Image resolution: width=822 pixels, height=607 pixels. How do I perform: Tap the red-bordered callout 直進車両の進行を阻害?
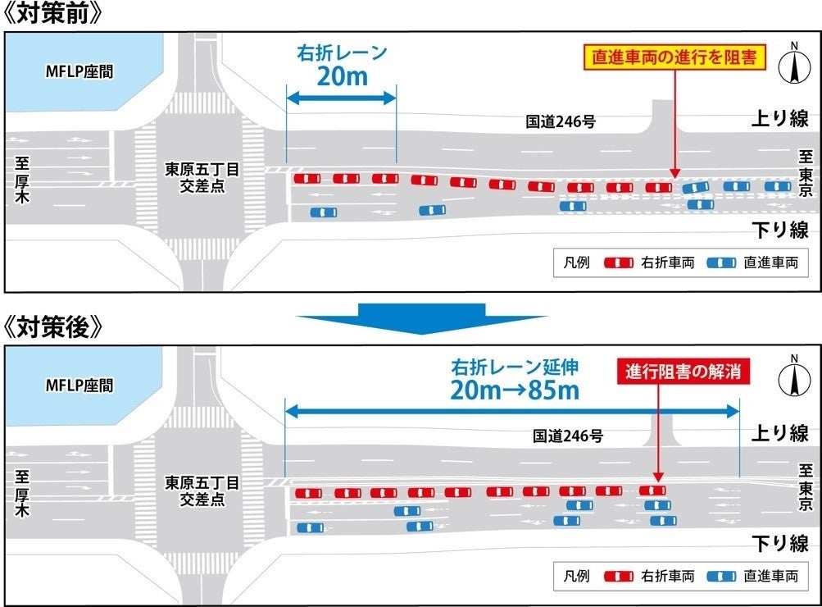click(674, 57)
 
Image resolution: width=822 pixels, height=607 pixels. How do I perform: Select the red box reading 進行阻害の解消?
click(683, 372)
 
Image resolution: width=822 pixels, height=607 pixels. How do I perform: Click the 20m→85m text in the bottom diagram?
click(514, 390)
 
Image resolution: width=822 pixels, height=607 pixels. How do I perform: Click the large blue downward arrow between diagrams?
click(421, 317)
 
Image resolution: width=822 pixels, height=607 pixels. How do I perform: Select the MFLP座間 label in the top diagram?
click(79, 71)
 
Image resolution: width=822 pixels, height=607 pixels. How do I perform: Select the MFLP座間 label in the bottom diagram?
click(79, 385)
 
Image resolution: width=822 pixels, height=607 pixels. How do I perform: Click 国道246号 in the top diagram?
click(561, 121)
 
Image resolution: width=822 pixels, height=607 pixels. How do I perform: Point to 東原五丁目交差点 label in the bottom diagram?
click(202, 491)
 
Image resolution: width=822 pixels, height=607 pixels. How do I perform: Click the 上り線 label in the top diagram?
click(780, 119)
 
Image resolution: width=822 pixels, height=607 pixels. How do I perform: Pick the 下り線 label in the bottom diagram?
click(780, 542)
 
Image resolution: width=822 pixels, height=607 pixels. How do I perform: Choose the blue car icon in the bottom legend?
click(721, 577)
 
